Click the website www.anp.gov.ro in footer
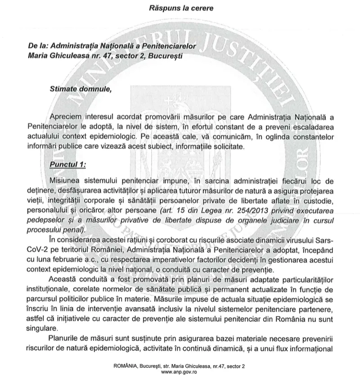click(180, 372)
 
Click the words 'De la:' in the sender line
click(39, 46)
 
